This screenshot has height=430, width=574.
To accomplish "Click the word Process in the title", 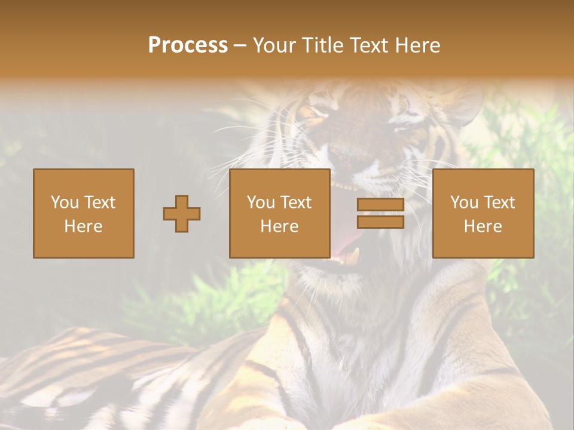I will (188, 45).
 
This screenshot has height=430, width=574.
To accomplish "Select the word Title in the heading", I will (321, 45).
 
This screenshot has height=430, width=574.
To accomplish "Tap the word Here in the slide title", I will (416, 45).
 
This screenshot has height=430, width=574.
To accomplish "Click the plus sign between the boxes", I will (182, 214).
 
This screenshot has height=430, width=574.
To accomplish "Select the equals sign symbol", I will (380, 213).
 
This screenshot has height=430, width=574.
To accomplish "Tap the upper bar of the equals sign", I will (380, 205).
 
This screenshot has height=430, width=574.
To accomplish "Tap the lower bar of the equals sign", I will (380, 222).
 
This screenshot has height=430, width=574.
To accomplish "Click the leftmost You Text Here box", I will (83, 213).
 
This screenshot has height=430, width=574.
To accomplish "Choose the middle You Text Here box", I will (279, 213).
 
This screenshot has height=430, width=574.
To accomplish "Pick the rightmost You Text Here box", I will (483, 213).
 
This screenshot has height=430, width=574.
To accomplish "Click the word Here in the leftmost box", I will (83, 226).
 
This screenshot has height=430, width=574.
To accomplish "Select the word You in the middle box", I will (261, 202).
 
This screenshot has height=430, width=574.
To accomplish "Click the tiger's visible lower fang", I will (356, 256).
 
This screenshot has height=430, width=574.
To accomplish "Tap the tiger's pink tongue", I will (342, 242).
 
